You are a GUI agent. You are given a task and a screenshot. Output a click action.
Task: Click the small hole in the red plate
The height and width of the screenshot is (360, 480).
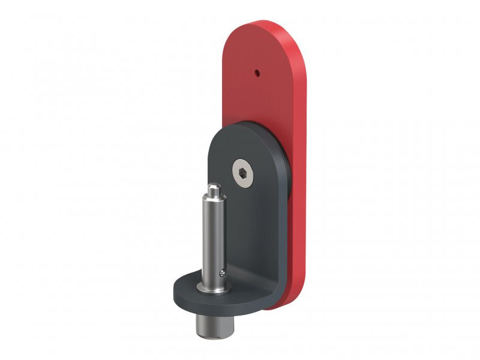[257, 73]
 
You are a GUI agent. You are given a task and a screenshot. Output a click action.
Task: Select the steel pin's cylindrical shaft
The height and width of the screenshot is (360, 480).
[213, 240]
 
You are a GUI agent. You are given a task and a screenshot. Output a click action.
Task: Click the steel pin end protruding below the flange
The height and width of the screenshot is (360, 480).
[208, 325]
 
